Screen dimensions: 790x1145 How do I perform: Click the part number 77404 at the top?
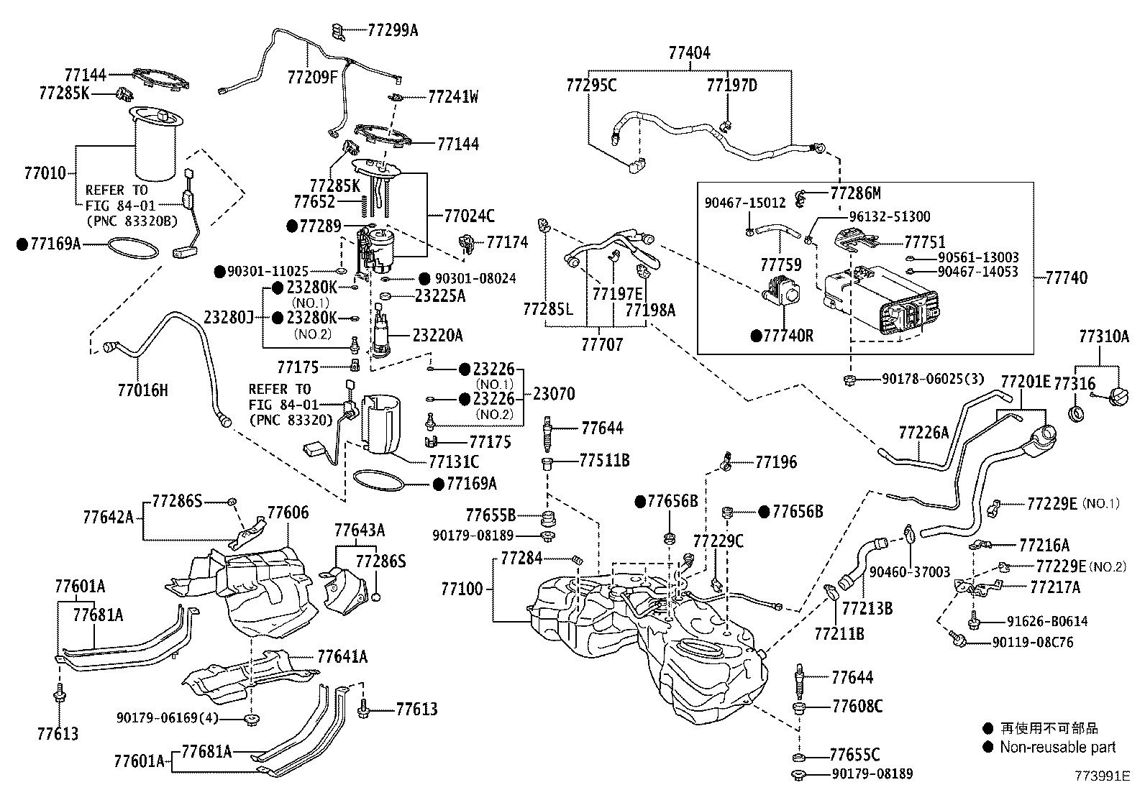point(689,52)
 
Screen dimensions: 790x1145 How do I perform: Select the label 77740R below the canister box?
point(788,336)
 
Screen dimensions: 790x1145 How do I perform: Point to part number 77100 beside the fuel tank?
point(462,589)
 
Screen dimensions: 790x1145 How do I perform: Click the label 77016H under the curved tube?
point(142,390)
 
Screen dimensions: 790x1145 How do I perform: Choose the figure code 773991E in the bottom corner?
point(1103,776)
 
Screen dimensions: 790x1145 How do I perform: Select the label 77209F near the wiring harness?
point(311,76)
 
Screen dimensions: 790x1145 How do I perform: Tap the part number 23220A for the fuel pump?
point(437,335)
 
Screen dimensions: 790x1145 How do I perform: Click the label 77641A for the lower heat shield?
point(342,656)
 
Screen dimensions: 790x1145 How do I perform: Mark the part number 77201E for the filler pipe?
point(1026,382)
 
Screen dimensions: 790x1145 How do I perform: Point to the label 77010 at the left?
point(45,173)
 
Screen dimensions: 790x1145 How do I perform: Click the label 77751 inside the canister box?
point(924,242)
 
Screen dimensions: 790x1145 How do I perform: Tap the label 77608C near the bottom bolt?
point(857,707)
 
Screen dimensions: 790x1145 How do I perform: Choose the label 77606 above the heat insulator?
point(288,513)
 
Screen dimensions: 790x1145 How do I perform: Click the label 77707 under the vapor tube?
point(602,345)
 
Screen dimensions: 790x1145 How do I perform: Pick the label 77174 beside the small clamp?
point(507,242)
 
